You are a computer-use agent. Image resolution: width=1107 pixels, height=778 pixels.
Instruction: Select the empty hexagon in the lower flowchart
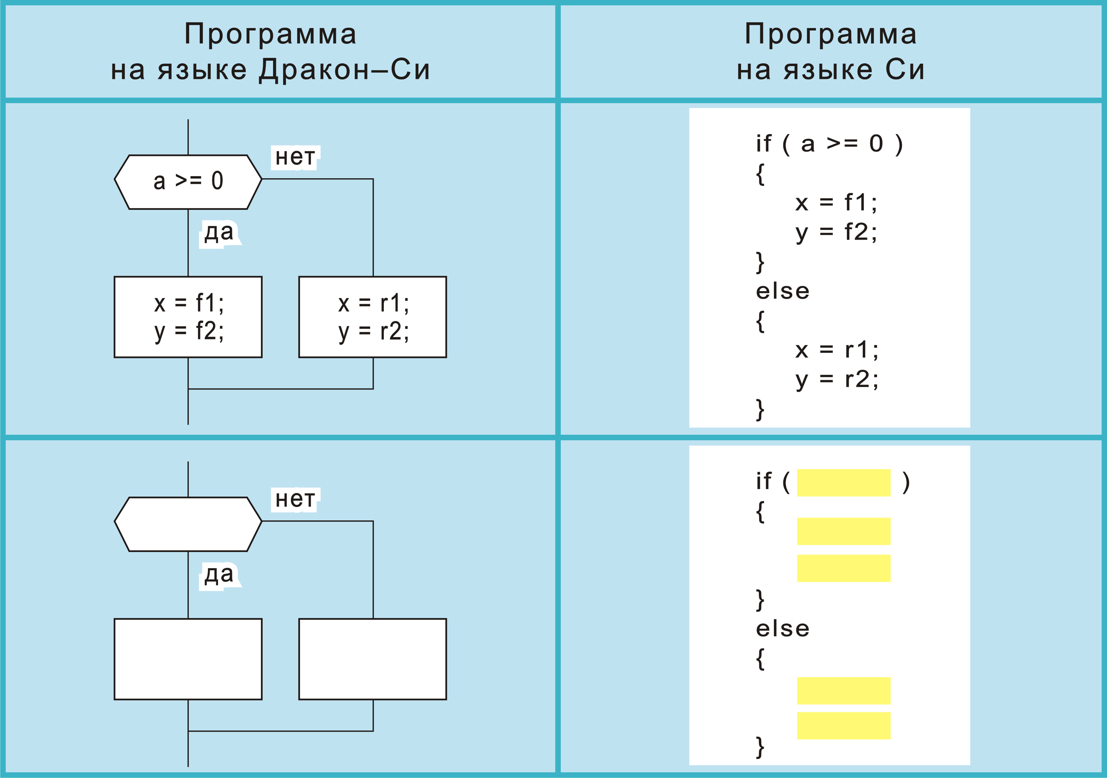[x=188, y=524]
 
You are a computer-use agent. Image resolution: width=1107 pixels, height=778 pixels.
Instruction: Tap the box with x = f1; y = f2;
[x=188, y=317]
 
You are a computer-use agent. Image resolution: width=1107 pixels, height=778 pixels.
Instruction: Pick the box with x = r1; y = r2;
[x=373, y=317]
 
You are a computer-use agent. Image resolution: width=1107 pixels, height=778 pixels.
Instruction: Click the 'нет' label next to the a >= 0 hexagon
[x=295, y=157]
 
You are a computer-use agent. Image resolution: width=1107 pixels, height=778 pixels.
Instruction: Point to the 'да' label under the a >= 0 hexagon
[x=219, y=233]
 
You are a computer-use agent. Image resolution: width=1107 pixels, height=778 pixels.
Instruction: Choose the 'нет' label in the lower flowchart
[x=295, y=500]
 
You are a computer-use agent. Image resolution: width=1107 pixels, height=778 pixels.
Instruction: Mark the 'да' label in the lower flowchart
[x=219, y=575]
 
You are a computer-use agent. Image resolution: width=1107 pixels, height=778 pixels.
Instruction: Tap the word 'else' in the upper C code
[x=782, y=291]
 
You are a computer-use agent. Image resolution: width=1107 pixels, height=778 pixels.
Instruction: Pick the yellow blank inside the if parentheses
[x=844, y=482]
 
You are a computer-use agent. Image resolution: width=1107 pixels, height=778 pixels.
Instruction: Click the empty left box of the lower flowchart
[x=188, y=659]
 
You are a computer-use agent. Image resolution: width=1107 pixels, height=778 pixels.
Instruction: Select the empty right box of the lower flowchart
[x=373, y=659]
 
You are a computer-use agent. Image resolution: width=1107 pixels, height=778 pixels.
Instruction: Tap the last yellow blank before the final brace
[x=844, y=726]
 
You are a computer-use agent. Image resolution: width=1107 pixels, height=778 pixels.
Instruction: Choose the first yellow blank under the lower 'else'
[x=844, y=690]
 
